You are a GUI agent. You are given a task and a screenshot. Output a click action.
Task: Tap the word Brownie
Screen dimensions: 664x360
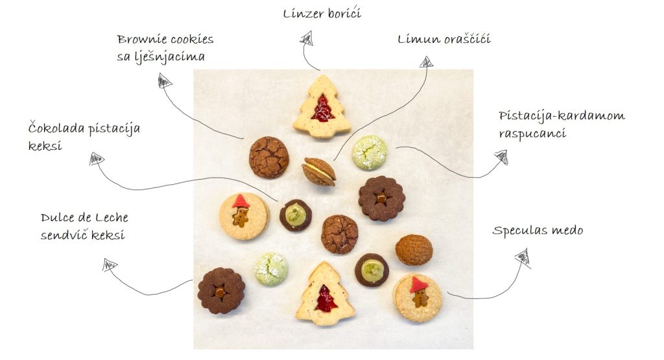pos(140,40)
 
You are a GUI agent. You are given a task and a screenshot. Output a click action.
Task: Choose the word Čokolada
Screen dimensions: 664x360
pos(57,128)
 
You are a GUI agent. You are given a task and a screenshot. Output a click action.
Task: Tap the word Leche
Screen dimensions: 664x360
pos(112,218)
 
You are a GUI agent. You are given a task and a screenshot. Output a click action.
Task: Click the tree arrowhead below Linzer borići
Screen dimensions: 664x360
pos(307,38)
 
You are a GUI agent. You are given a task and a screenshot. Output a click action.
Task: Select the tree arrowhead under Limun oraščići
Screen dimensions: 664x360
pos(426,62)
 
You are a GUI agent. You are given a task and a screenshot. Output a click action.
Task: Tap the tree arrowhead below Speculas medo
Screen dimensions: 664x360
pos(523,258)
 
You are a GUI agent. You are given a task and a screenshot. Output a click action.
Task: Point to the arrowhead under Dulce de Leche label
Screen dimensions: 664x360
pos(109,265)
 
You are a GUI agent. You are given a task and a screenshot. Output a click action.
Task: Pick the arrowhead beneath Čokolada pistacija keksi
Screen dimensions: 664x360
pos(97,159)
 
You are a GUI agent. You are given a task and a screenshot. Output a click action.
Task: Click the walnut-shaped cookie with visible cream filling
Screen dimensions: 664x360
pos(319,171)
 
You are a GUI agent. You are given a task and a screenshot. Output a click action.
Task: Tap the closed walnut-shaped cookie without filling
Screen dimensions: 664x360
pos(414,250)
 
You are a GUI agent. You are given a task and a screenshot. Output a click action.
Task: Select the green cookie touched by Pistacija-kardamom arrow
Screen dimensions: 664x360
pos(370,152)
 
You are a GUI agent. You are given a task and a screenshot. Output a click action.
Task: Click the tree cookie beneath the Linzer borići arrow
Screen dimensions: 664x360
pos(322,106)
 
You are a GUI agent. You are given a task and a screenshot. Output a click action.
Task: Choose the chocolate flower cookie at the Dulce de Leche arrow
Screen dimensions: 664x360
pos(221,291)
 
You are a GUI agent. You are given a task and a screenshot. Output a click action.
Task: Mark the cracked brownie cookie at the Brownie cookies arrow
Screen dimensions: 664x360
pos(269,157)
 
